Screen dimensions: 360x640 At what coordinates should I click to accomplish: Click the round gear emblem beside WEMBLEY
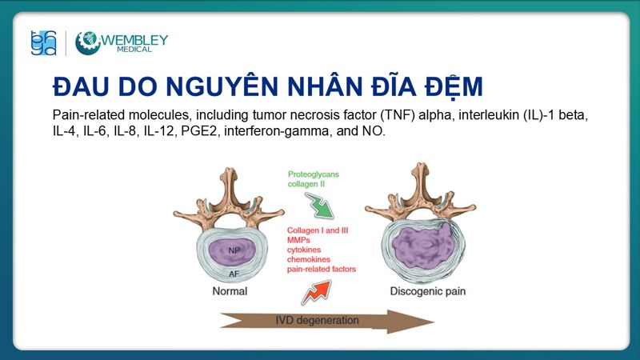tap(88, 43)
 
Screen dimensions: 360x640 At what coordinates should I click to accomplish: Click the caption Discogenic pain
tap(427, 291)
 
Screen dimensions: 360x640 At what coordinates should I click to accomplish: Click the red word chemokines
tap(310, 259)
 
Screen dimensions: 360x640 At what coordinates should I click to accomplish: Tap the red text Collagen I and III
tap(319, 230)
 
